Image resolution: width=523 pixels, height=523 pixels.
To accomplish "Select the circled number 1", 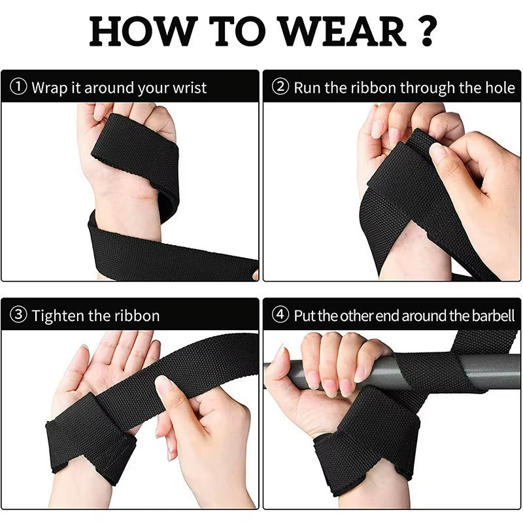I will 19,88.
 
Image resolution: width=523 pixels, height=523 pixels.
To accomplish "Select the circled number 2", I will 280,88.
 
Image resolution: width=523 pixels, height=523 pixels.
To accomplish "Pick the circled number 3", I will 19,316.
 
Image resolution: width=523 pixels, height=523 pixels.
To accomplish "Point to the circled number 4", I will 280,316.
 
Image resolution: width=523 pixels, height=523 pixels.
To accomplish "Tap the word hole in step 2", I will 500,88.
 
